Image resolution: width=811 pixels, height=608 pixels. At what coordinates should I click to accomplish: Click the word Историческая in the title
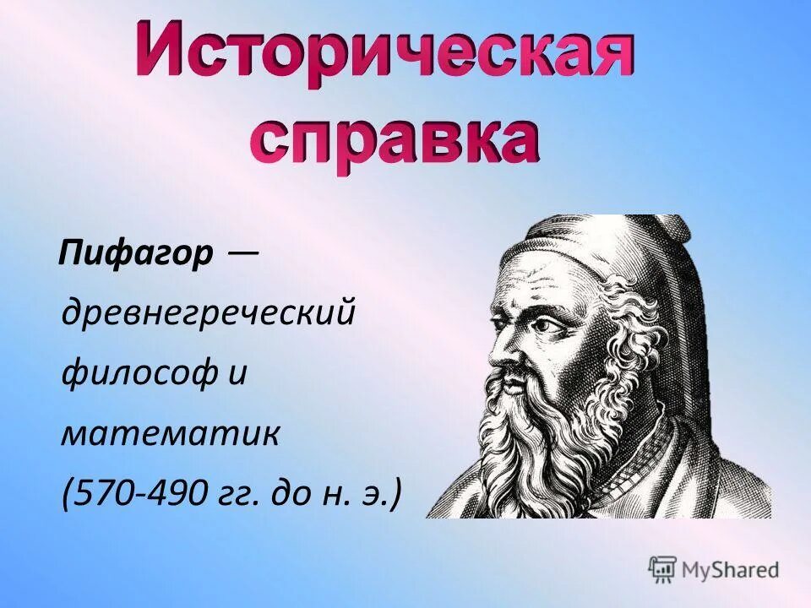[x=385, y=52]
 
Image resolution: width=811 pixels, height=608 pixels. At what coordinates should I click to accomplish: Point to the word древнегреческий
[x=207, y=314]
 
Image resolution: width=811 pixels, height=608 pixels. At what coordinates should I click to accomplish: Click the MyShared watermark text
[x=731, y=569]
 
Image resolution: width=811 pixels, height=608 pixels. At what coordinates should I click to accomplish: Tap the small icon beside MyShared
[x=663, y=569]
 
